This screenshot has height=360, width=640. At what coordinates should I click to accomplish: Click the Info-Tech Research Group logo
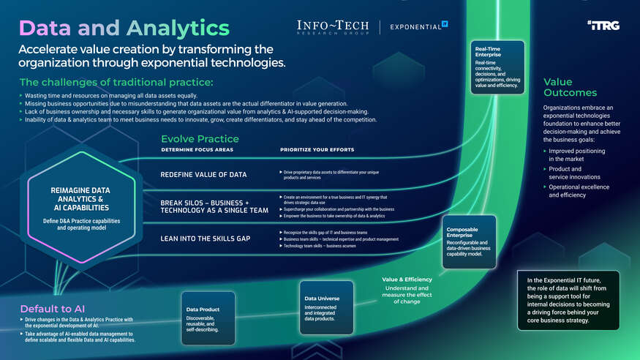333,26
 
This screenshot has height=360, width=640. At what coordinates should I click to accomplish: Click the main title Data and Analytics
124,28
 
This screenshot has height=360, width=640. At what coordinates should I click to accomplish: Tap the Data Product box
208,319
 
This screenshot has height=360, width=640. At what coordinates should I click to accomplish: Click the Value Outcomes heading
570,87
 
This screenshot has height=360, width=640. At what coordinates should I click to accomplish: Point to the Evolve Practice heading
199,138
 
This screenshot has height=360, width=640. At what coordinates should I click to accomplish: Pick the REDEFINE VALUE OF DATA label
203,174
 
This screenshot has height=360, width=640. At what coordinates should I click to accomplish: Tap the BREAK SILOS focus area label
209,206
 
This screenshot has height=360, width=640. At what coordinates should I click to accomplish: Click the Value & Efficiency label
407,280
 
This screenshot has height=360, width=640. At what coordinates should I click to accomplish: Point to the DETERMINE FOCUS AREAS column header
196,150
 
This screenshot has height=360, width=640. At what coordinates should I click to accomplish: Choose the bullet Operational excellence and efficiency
578,191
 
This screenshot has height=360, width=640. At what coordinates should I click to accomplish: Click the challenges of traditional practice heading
116,81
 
